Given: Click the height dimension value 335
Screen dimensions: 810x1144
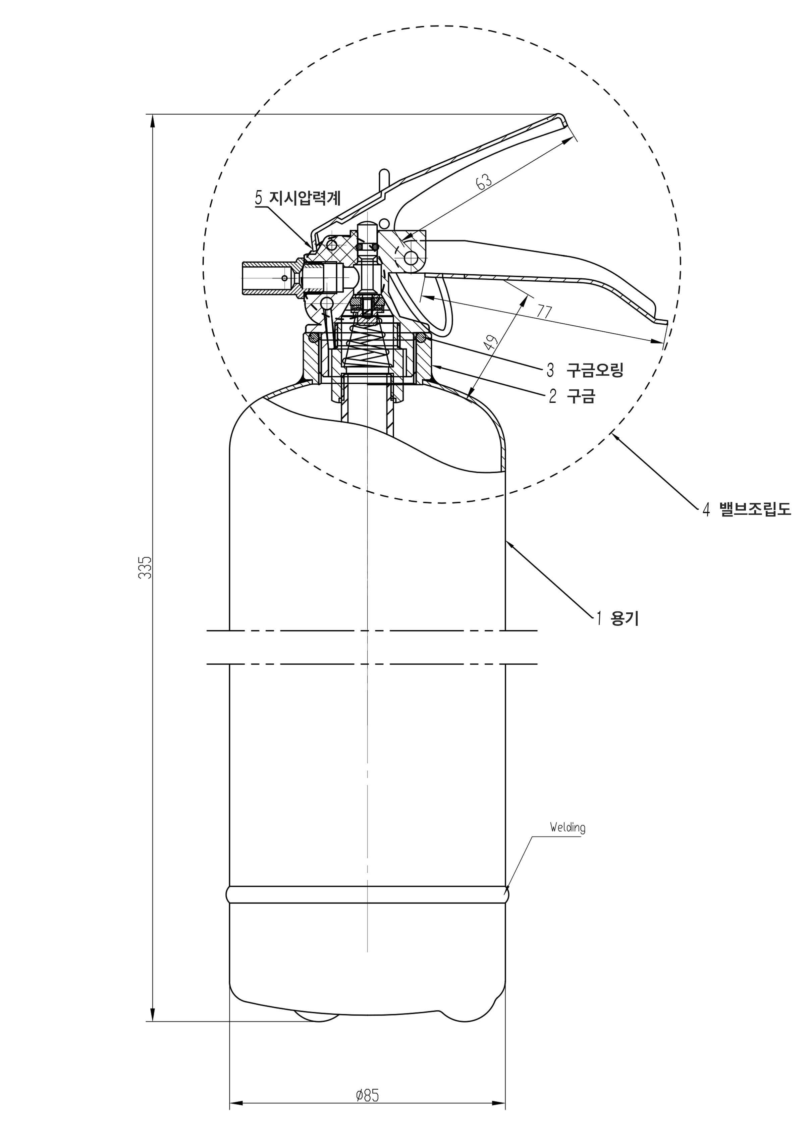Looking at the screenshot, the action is tap(145, 567).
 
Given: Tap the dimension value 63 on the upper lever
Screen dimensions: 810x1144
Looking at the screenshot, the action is tap(484, 181).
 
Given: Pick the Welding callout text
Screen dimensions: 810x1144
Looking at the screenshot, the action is tap(568, 827).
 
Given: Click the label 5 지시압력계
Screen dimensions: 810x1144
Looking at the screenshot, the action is tap(298, 198).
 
